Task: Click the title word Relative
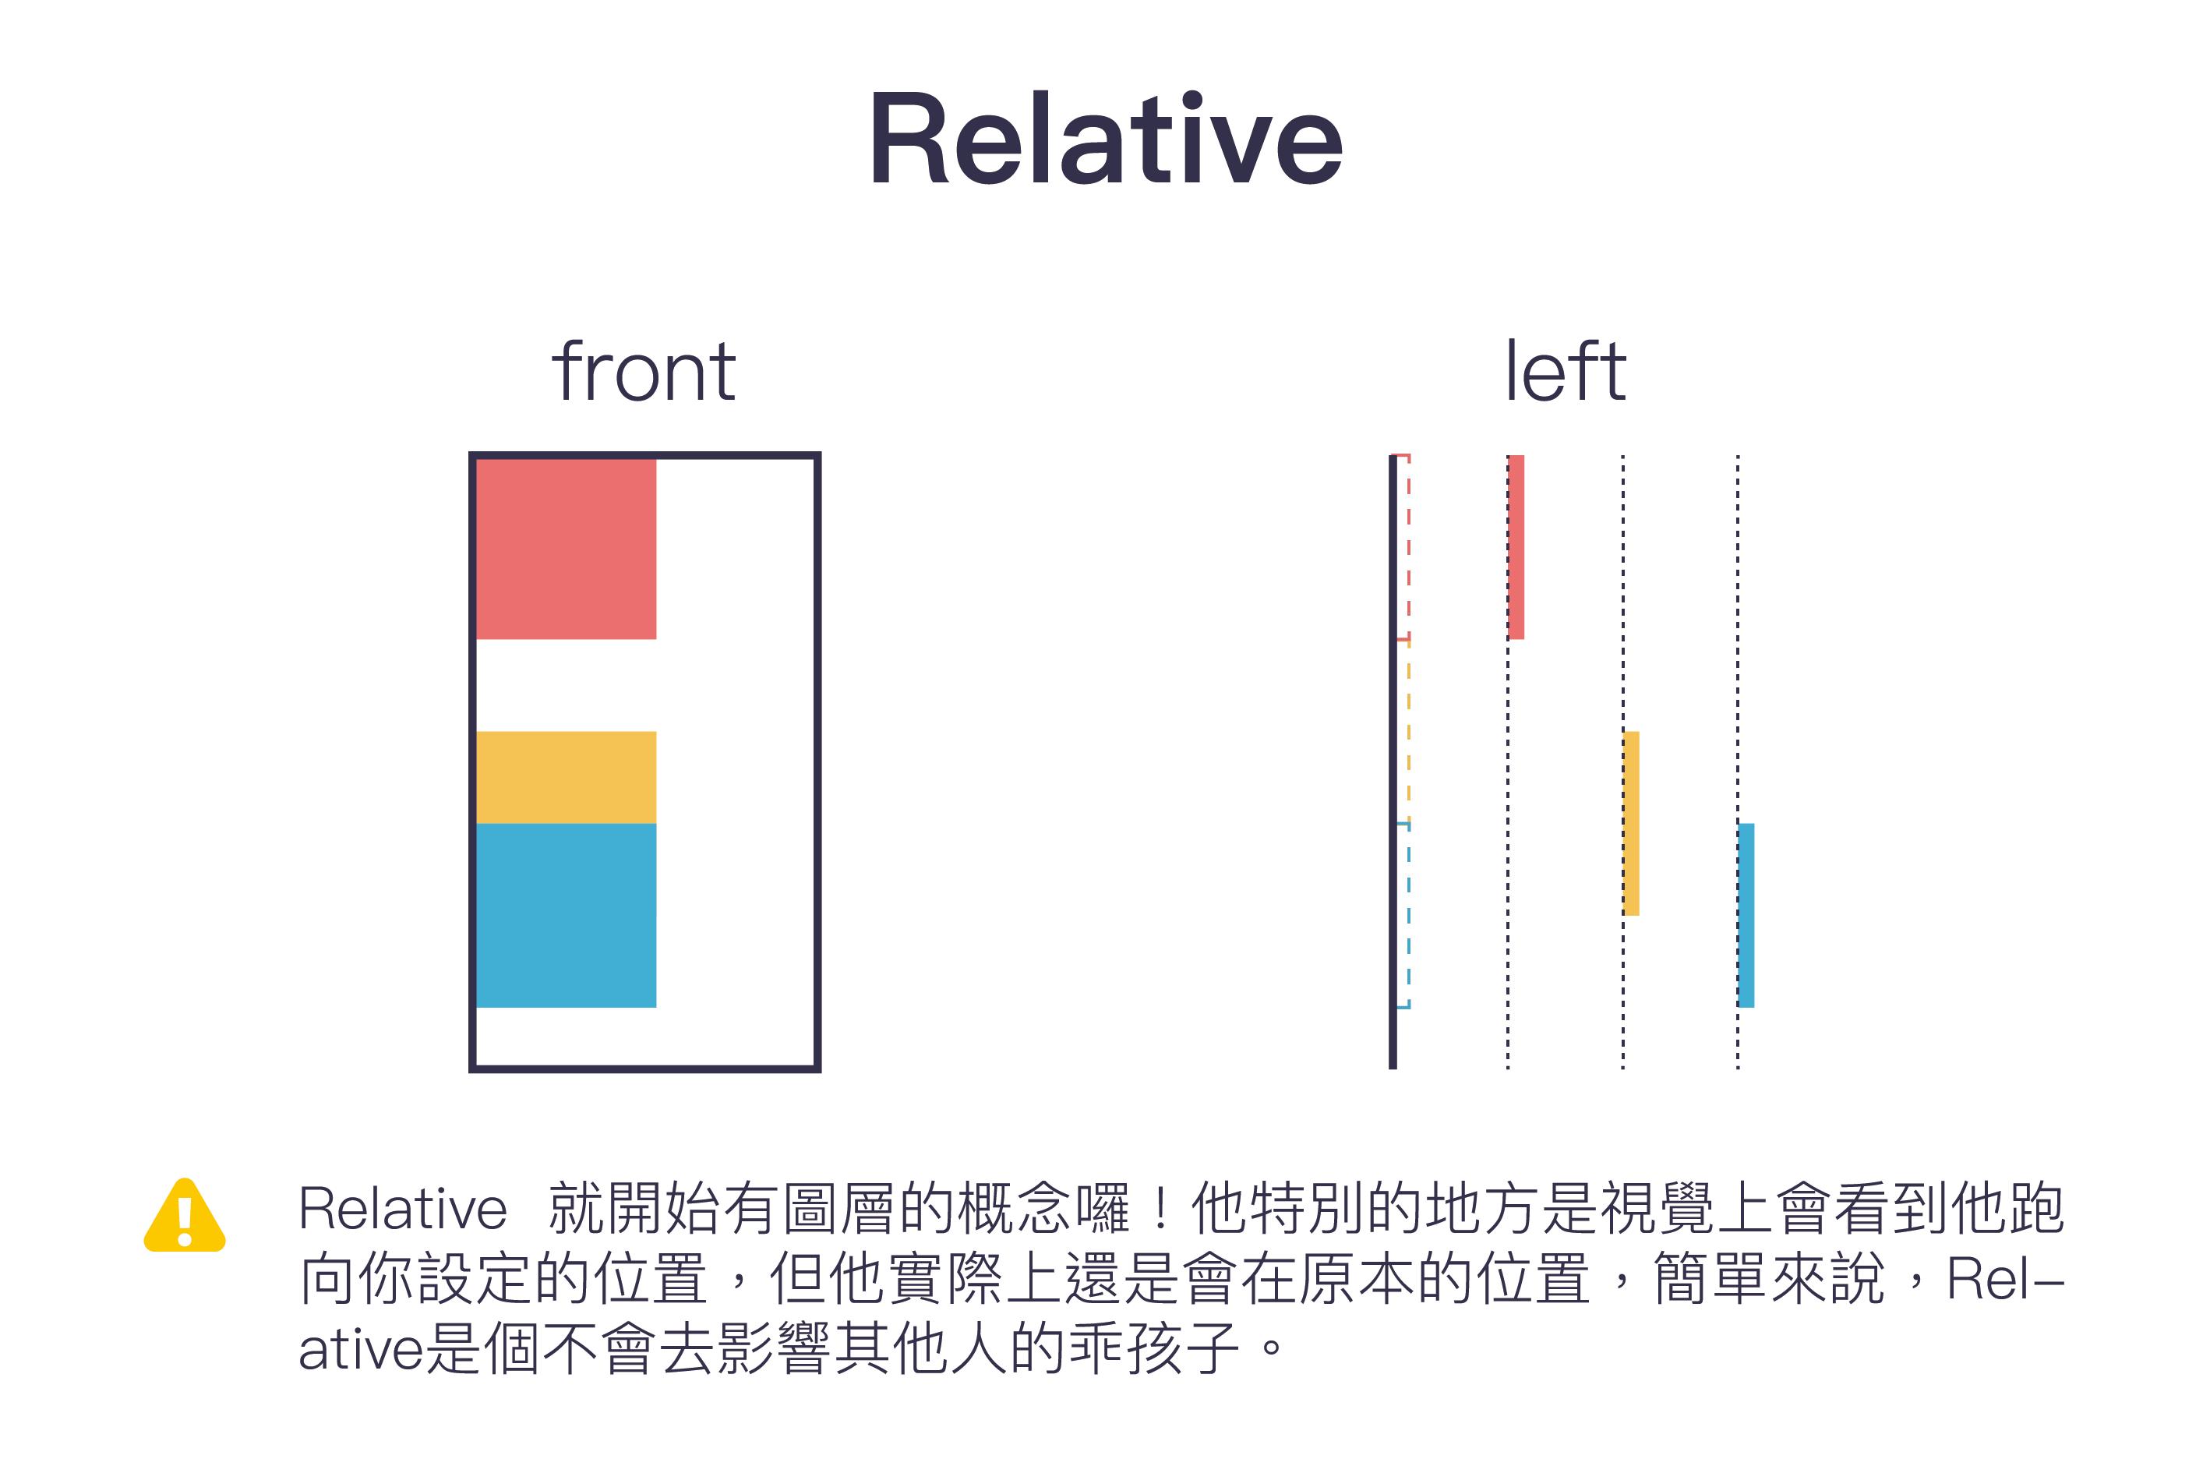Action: pos(1106,138)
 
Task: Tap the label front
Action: pos(644,371)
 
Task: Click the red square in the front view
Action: pos(567,549)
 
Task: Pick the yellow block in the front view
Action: pos(567,777)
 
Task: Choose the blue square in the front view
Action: pos(567,915)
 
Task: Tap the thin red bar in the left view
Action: pos(1516,547)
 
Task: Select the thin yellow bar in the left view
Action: pos(1632,823)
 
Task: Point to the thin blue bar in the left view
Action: pos(1746,915)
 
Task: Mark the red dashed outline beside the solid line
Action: pos(1409,547)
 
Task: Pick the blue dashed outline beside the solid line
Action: pos(1409,915)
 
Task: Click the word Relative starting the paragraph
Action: pos(402,1208)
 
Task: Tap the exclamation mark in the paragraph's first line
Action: pos(1161,1208)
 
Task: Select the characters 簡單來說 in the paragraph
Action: pos(1769,1278)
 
